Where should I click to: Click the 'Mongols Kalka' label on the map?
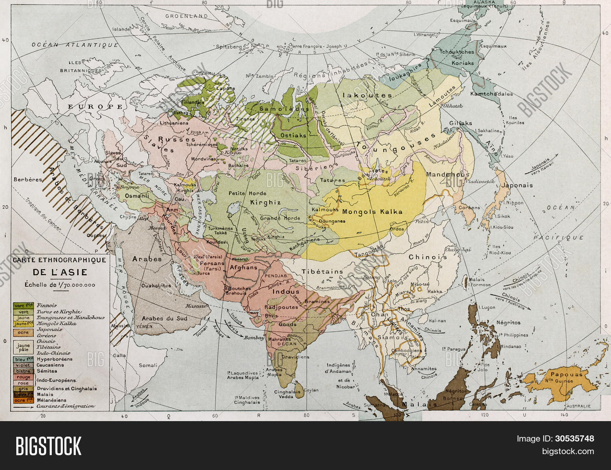click(372, 212)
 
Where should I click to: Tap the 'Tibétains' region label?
click(322, 272)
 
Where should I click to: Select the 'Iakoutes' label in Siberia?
click(367, 95)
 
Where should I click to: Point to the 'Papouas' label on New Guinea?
click(567, 374)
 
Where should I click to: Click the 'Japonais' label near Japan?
click(516, 185)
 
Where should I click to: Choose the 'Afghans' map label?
click(244, 268)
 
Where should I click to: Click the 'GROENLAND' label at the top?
click(186, 16)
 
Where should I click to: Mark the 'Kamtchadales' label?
click(491, 94)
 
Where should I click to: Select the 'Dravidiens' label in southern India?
click(295, 357)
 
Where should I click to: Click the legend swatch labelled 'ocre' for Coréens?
click(23, 332)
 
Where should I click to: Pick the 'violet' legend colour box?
click(23, 365)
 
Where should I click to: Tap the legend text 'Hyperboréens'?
click(54, 359)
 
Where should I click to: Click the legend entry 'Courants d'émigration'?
click(65, 406)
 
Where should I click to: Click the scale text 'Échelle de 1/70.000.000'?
click(60, 285)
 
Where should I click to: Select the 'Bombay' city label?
click(254, 338)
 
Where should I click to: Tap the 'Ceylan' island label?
click(311, 390)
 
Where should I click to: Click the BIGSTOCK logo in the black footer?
click(48, 446)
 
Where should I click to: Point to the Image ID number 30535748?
click(574, 439)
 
